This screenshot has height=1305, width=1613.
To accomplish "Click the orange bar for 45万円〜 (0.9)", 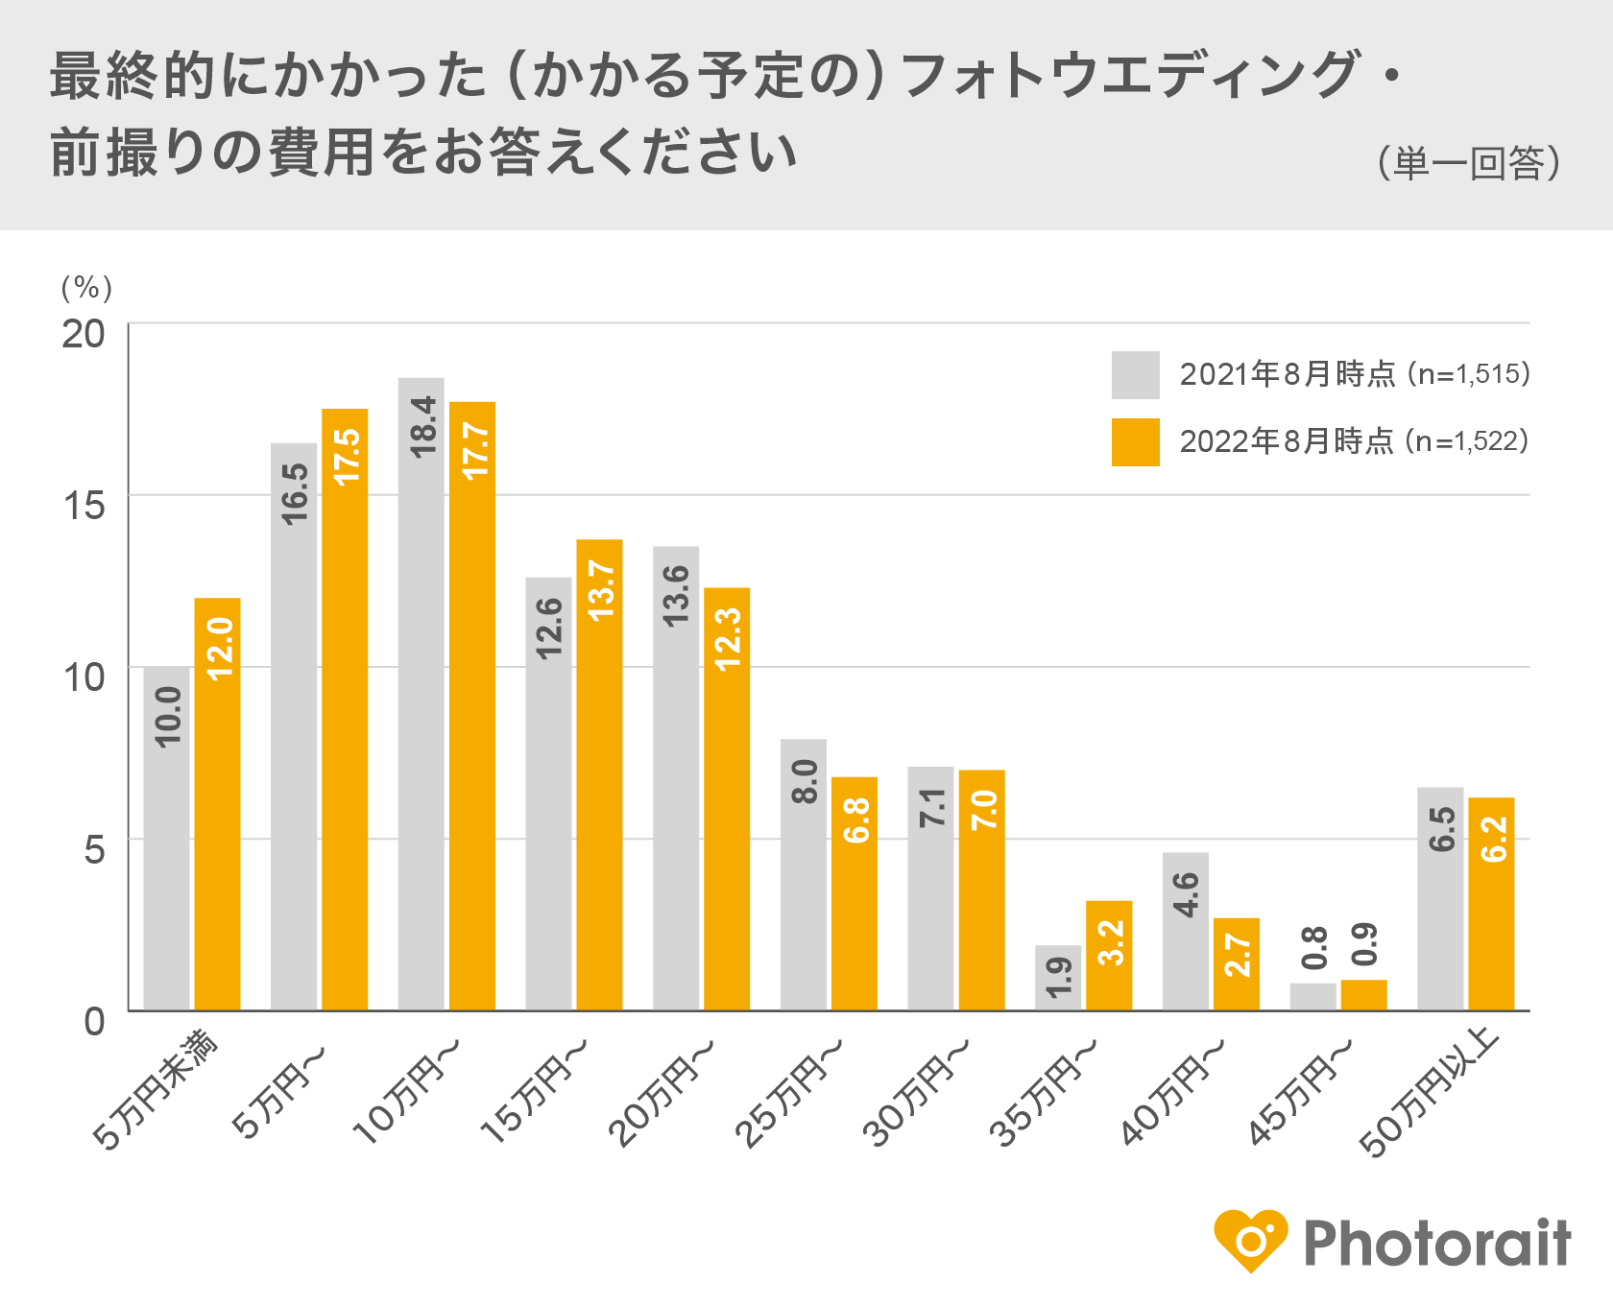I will coord(1363,996).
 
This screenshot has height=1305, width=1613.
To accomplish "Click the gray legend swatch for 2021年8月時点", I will coord(1135,375).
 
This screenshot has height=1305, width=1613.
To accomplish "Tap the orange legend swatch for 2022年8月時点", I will coord(1135,442).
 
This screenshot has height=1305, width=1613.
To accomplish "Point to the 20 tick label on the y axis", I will coord(84,334).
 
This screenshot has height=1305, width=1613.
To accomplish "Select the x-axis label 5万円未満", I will coord(156,1089).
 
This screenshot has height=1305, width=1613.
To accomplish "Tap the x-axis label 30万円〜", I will coord(917,1094).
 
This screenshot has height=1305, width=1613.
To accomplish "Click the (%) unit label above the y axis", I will coord(86,287).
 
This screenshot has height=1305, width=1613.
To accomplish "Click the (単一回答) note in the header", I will coord(1469,163).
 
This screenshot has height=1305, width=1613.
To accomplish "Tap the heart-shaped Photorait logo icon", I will coord(1250,1241).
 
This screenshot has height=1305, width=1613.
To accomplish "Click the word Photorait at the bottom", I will coord(1436,1244).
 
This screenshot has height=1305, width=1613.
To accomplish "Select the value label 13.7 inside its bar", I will coord(601,590).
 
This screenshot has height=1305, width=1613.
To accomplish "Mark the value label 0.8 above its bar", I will coord(1313,948).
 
